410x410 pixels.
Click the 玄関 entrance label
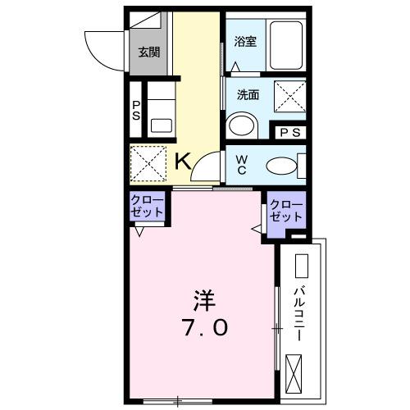[x=148, y=52]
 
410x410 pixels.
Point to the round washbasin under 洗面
[x=241, y=125]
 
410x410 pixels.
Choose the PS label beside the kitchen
[x=136, y=109]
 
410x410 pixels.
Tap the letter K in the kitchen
[x=184, y=160]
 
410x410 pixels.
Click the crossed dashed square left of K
[x=148, y=163]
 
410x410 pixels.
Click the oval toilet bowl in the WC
[x=282, y=166]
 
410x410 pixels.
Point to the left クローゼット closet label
[x=148, y=206]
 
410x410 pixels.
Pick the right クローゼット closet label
[x=286, y=210]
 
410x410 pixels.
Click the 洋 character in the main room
[x=204, y=296]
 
